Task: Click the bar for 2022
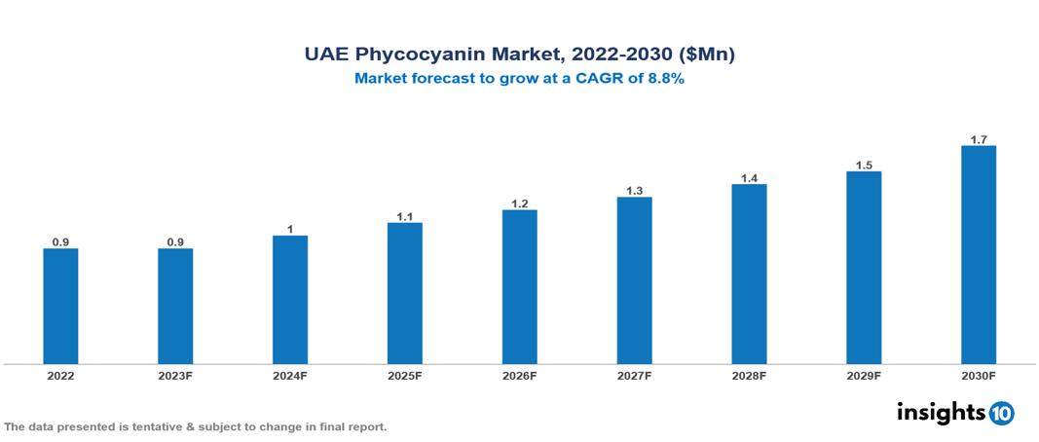coord(60,306)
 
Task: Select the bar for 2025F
coord(404,293)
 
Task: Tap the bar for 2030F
coord(978,255)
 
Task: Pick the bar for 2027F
coord(634,280)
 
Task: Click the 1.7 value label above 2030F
coord(978,139)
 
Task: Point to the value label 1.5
coord(864,166)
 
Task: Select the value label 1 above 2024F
coord(290,229)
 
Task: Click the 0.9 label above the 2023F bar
coord(175,241)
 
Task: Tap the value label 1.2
coord(520,203)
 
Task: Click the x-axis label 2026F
coord(520,376)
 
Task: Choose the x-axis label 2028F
coord(749,376)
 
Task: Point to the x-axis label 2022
coord(60,376)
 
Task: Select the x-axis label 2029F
coord(864,376)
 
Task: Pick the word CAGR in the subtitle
coord(606,80)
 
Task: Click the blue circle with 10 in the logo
coord(1001,413)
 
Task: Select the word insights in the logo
coord(941,412)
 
